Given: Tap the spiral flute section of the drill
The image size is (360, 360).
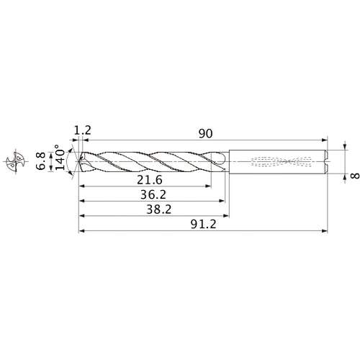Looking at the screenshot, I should coord(151,161).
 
